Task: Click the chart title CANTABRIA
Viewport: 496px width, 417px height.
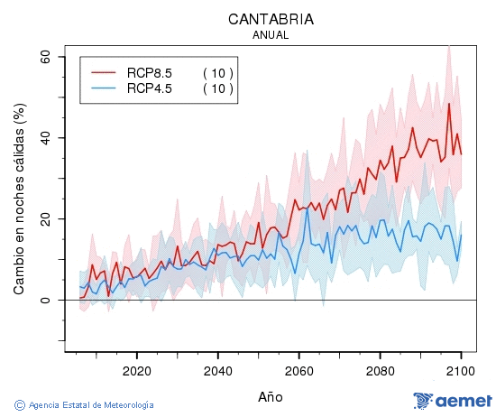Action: (x=271, y=19)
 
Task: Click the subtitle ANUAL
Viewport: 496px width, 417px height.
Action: (x=271, y=35)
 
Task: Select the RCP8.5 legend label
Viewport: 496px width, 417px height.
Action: (x=149, y=72)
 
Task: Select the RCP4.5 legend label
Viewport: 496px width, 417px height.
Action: (x=149, y=88)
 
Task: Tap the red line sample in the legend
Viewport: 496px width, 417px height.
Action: (x=104, y=72)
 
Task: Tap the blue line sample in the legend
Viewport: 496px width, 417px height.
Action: (x=104, y=88)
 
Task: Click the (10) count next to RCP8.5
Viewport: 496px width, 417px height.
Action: (x=217, y=72)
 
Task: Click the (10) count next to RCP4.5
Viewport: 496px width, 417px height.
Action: (x=217, y=88)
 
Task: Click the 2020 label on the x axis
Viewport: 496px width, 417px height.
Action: (x=136, y=371)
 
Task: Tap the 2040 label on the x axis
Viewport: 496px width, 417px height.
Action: (x=217, y=371)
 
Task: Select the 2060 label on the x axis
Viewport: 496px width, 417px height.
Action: (x=299, y=371)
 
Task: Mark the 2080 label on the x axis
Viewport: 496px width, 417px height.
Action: (x=380, y=371)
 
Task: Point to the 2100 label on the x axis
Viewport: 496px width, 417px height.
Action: (x=461, y=371)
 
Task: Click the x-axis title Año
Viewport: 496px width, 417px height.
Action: (x=271, y=396)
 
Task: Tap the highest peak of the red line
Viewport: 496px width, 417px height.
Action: (x=449, y=103)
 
